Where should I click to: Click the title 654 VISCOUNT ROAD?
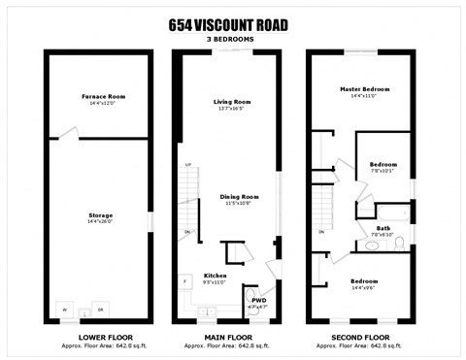(232, 25)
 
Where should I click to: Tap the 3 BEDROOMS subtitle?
(232, 39)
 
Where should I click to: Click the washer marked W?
(65, 309)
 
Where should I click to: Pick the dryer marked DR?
(100, 309)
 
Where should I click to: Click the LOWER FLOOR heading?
(97, 335)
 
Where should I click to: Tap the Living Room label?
(232, 101)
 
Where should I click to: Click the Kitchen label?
(216, 276)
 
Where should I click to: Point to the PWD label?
(258, 301)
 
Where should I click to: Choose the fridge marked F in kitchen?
(184, 282)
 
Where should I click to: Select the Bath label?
(384, 228)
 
